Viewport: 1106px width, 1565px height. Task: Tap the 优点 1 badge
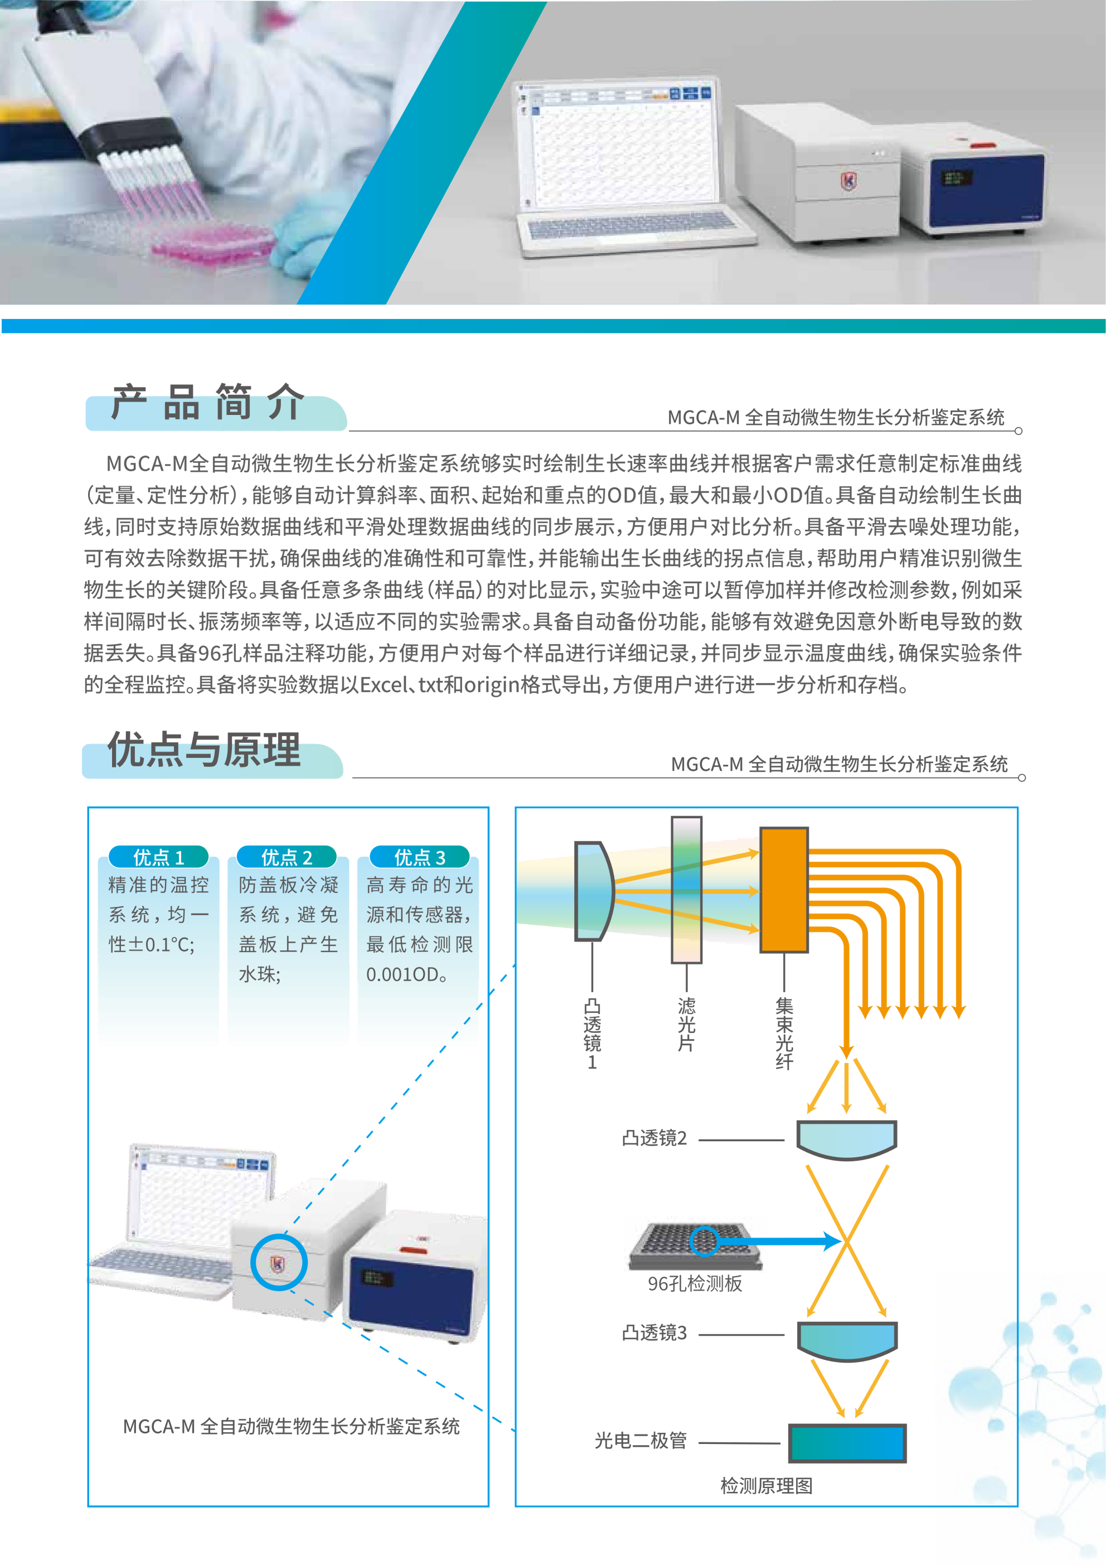(x=159, y=857)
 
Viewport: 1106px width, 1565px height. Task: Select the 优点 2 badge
(x=287, y=857)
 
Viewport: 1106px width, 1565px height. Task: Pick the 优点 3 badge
(x=420, y=857)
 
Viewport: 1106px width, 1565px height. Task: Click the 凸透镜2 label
(x=654, y=1138)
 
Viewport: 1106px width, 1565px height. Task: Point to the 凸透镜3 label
(x=654, y=1332)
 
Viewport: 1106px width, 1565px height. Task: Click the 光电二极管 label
(x=641, y=1440)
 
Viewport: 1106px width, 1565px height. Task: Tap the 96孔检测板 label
(x=695, y=1283)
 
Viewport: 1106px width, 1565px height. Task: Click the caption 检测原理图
(x=767, y=1486)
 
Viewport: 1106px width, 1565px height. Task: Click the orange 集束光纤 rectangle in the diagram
(x=784, y=890)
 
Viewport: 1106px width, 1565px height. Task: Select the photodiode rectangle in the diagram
(x=847, y=1443)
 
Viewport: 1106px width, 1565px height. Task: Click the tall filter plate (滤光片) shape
(x=686, y=890)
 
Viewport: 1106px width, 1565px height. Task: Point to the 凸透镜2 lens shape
(x=847, y=1139)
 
